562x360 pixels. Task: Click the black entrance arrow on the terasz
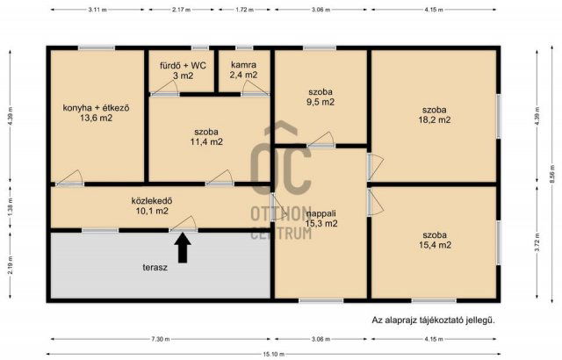click(x=183, y=249)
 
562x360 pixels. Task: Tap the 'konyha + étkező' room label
click(x=96, y=108)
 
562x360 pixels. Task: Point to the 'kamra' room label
click(x=243, y=65)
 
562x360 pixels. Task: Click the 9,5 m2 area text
click(x=321, y=102)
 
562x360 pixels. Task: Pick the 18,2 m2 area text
click(x=434, y=119)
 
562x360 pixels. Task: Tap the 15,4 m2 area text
click(x=434, y=245)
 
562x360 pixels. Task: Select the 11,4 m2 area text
click(x=207, y=140)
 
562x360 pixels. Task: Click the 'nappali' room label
click(x=322, y=212)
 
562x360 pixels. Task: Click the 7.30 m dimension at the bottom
click(x=159, y=338)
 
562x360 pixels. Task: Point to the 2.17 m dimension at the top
click(x=183, y=9)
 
